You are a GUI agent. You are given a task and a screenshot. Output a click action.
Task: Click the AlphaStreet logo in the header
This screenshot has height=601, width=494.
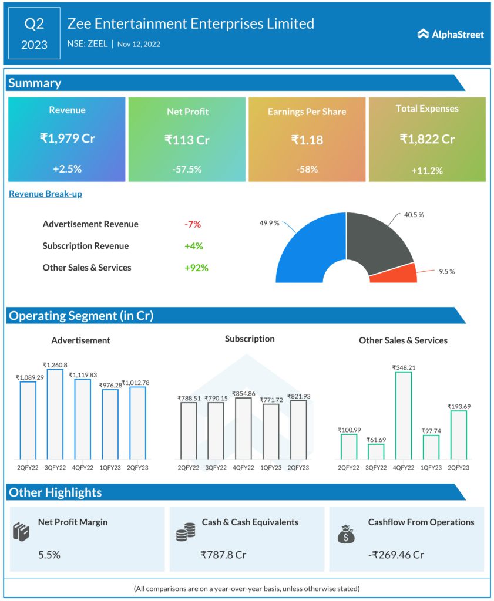pyautogui.click(x=451, y=35)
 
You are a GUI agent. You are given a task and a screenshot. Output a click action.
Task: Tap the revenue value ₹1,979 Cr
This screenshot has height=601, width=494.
pyautogui.click(x=67, y=139)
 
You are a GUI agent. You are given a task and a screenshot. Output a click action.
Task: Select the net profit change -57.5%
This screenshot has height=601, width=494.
pyautogui.click(x=187, y=169)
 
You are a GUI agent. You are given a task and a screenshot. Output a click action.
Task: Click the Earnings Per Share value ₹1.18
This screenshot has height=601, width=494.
pyautogui.click(x=307, y=140)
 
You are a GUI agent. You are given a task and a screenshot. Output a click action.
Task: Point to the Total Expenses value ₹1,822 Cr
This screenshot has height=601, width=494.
pyautogui.click(x=427, y=139)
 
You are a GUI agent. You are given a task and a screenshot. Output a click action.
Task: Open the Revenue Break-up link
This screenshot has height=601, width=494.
pyautogui.click(x=45, y=194)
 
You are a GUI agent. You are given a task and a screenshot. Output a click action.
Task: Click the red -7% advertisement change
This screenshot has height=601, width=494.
pyautogui.click(x=192, y=224)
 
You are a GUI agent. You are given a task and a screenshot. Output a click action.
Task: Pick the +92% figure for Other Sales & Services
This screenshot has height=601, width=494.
pyautogui.click(x=196, y=268)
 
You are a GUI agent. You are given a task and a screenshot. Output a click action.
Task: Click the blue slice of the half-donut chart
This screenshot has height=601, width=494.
pyautogui.click(x=305, y=247)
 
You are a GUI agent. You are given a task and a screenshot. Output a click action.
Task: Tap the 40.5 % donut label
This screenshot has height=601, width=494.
pyautogui.click(x=414, y=215)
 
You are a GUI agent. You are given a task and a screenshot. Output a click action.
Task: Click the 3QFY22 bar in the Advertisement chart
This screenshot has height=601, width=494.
pyautogui.click(x=55, y=414)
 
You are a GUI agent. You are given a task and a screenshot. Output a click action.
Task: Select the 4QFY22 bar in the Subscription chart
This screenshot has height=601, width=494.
pyautogui.click(x=243, y=428)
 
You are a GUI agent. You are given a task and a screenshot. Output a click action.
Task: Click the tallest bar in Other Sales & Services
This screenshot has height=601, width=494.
pyautogui.click(x=404, y=415)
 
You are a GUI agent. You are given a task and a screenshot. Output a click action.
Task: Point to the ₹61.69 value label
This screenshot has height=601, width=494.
pyautogui.click(x=376, y=440)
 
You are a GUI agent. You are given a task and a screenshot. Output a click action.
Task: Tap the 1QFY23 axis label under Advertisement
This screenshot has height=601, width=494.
pyautogui.click(x=110, y=467)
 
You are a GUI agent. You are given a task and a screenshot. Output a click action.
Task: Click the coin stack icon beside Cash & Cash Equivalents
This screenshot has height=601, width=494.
pyautogui.click(x=186, y=532)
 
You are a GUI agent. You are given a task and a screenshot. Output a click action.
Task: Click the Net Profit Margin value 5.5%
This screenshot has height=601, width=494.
pyautogui.click(x=49, y=555)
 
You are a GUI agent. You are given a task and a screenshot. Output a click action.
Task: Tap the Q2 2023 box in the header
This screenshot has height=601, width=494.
pyautogui.click(x=35, y=33)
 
